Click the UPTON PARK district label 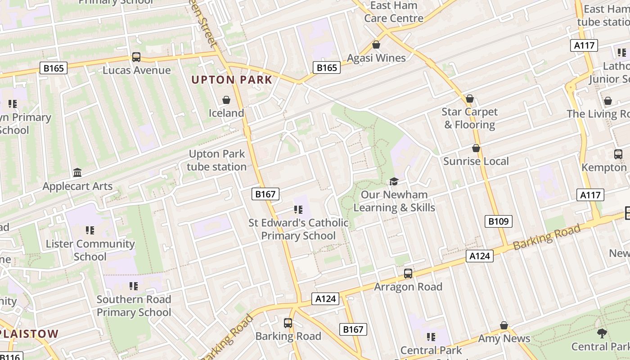(232, 80)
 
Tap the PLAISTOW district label (30, 334)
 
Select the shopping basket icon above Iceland (226, 100)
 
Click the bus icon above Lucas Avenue (136, 57)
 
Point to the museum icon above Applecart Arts (77, 173)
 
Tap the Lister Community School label (90, 250)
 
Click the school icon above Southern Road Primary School (133, 286)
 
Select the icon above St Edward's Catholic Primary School (298, 210)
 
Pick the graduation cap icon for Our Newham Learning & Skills (394, 181)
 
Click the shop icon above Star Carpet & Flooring (470, 99)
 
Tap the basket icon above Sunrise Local (476, 148)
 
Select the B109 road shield (499, 221)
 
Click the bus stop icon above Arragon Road (408, 274)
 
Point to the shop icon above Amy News (504, 325)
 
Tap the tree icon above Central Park (602, 333)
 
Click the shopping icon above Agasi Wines (376, 45)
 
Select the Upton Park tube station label (217, 160)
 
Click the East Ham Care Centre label (394, 12)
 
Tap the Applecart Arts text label (77, 186)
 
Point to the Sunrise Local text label (476, 161)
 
